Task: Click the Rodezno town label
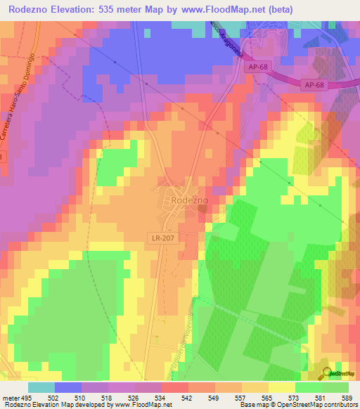[x=186, y=200]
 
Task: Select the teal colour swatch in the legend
[x=41, y=387]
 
